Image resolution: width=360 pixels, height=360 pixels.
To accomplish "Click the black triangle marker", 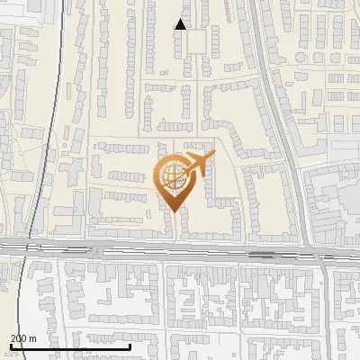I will [x=181, y=24].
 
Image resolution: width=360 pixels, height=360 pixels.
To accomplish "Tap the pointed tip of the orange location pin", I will [x=173, y=211].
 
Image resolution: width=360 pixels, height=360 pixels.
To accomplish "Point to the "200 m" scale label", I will [x=22, y=337].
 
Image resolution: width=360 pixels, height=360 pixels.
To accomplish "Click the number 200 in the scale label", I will [x=18, y=337].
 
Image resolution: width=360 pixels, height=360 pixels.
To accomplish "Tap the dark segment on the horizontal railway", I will [x=262, y=254].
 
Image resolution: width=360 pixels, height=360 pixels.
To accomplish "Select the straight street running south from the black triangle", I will [x=187, y=99].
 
